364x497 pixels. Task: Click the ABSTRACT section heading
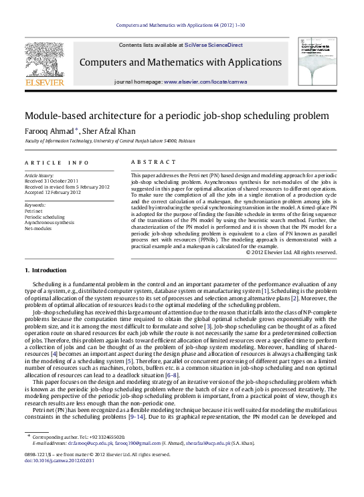pyautogui.click(x=143, y=163)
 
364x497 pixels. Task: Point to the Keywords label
pyautogui.click(x=35, y=201)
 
